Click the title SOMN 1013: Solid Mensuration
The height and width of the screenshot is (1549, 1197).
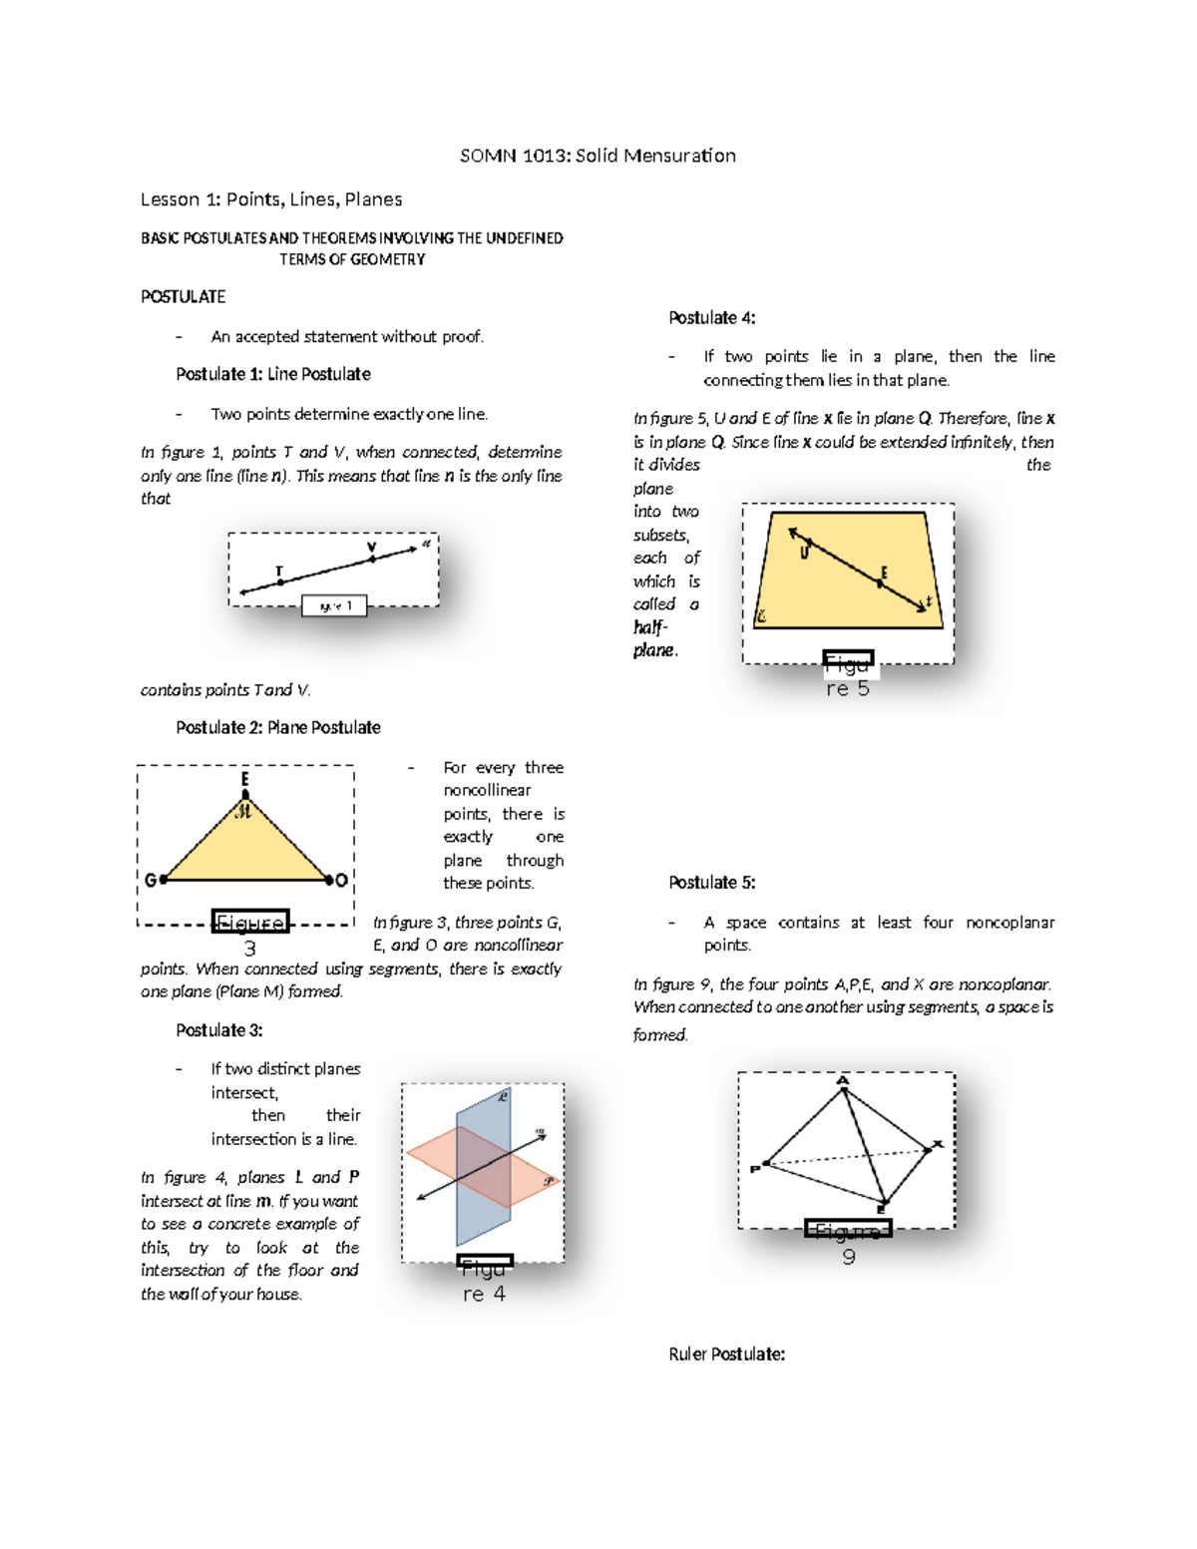point(598,156)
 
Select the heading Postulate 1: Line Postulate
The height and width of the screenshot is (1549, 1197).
point(273,374)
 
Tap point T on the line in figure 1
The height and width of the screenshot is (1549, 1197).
point(280,582)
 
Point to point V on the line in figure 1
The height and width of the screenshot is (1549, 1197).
point(373,559)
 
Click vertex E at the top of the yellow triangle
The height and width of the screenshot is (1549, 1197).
point(245,795)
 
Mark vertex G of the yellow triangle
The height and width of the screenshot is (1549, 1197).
point(163,880)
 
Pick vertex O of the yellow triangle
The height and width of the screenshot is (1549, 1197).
point(329,880)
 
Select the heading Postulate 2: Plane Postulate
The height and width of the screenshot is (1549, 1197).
point(278,728)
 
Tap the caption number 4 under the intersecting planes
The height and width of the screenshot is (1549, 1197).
point(499,1294)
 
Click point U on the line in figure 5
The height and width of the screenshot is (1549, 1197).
point(809,544)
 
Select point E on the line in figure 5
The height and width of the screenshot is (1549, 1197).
point(879,583)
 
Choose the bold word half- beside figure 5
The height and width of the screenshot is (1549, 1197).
point(650,627)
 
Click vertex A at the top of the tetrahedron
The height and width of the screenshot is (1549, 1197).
point(844,1090)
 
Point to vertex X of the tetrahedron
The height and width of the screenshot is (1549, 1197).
point(928,1150)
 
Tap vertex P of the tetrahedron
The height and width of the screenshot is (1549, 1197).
point(766,1163)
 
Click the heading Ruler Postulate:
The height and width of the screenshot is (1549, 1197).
point(727,1355)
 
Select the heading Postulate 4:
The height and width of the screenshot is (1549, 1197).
point(712,318)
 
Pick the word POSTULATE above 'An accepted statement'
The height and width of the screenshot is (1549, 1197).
point(184,297)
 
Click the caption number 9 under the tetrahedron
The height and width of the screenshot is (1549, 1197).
point(849,1257)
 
